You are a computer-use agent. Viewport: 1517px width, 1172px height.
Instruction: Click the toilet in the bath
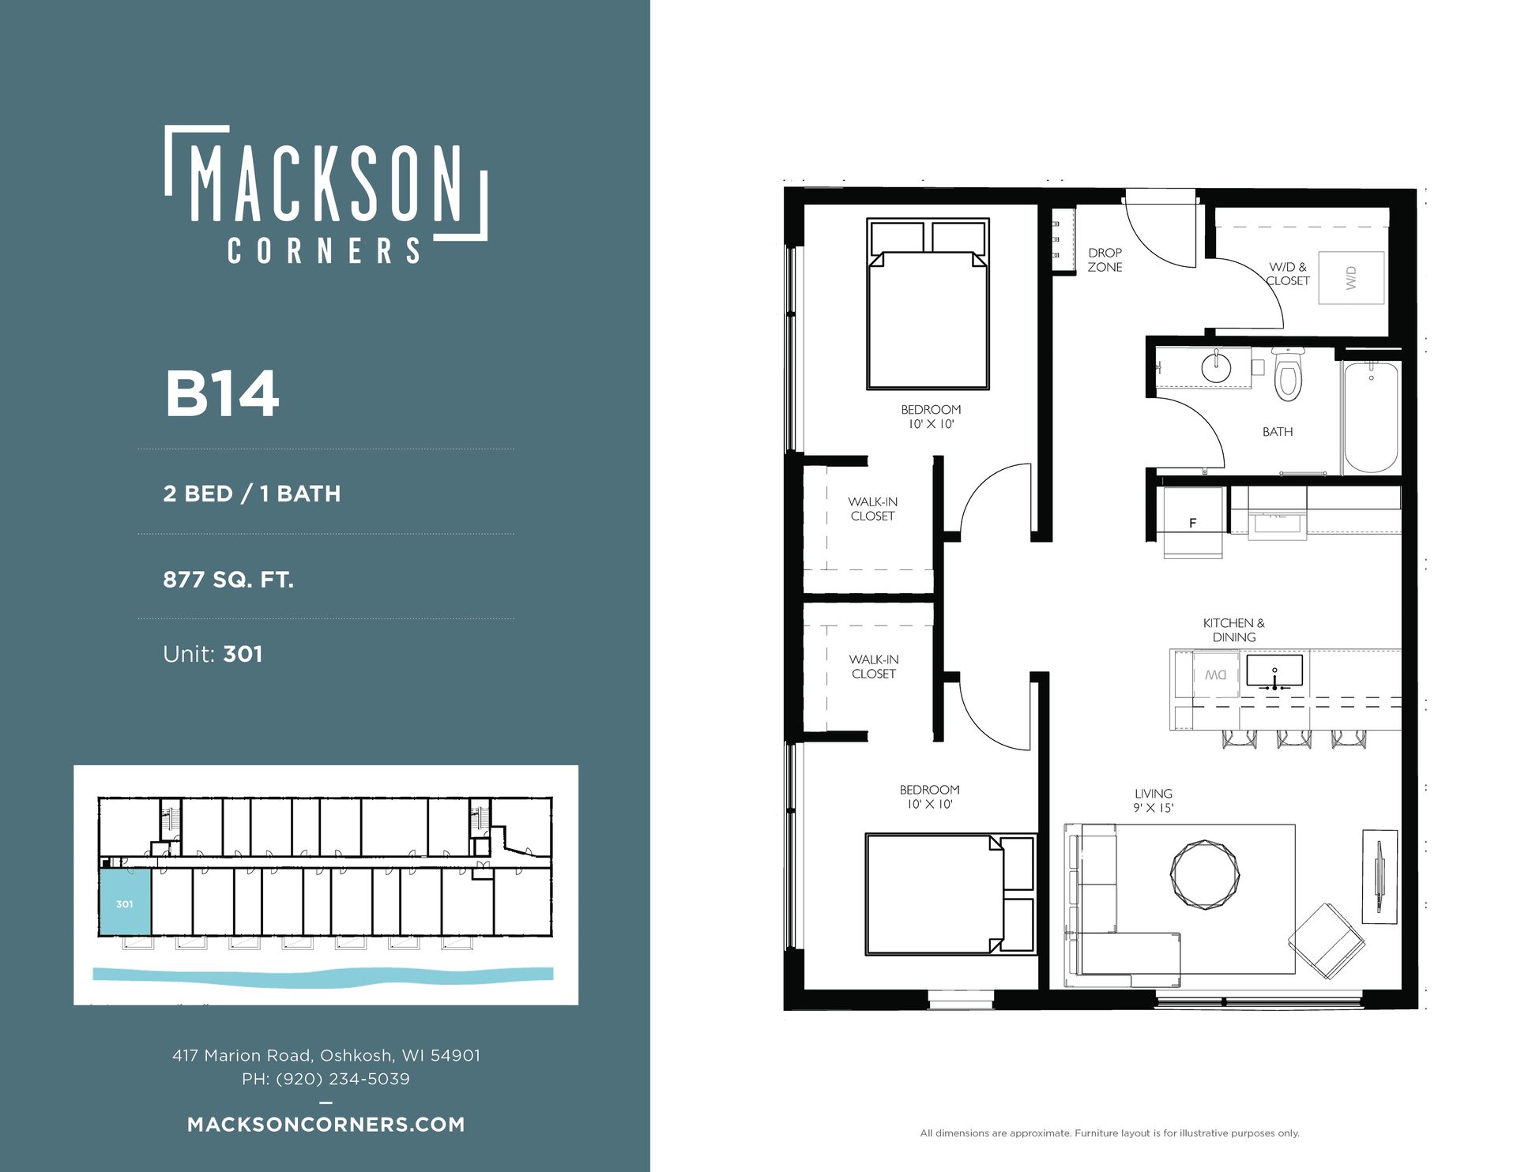[x=1287, y=374]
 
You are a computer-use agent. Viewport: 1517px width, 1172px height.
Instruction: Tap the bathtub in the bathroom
[x=1371, y=417]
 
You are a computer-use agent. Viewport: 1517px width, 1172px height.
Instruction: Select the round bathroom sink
[x=1216, y=366]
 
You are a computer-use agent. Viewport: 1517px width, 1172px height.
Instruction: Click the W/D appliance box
[x=1352, y=277]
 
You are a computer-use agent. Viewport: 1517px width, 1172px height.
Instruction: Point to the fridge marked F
[x=1193, y=522]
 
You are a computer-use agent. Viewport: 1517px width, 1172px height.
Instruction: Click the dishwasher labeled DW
[x=1215, y=674]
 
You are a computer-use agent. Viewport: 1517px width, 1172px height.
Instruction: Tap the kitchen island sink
[x=1274, y=671]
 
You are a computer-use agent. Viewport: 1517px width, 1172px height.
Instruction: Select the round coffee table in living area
[x=1204, y=875]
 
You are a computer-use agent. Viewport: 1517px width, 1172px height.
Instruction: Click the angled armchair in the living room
[x=1327, y=942]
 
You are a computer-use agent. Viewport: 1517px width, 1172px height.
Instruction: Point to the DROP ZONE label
[x=1105, y=260]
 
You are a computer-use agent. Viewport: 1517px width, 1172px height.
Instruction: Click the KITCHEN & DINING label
[x=1233, y=630]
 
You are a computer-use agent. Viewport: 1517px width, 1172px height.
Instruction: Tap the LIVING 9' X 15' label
[x=1154, y=800]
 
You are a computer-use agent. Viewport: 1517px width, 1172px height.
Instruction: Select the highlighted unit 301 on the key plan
[x=125, y=902]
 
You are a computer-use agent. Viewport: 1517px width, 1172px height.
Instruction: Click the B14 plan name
[x=222, y=393]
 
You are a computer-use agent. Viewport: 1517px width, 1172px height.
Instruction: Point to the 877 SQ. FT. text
[x=228, y=580]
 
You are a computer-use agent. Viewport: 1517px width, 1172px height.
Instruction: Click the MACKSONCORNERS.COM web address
[x=326, y=1125]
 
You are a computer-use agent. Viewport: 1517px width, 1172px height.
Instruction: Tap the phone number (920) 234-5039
[x=343, y=1079]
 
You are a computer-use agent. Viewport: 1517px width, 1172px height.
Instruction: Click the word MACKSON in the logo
[x=326, y=183]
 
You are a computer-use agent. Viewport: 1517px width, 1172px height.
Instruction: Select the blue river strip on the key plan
[x=323, y=976]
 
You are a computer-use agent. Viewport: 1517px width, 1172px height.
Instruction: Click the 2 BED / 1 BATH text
[x=252, y=494]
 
